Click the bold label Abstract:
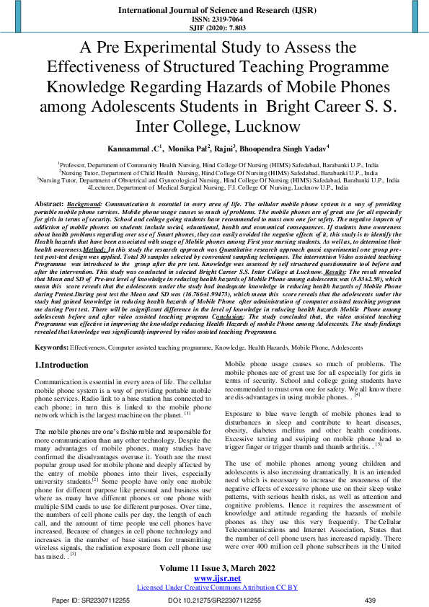click(49, 205)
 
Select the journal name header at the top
click(214, 11)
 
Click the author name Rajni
click(225, 148)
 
